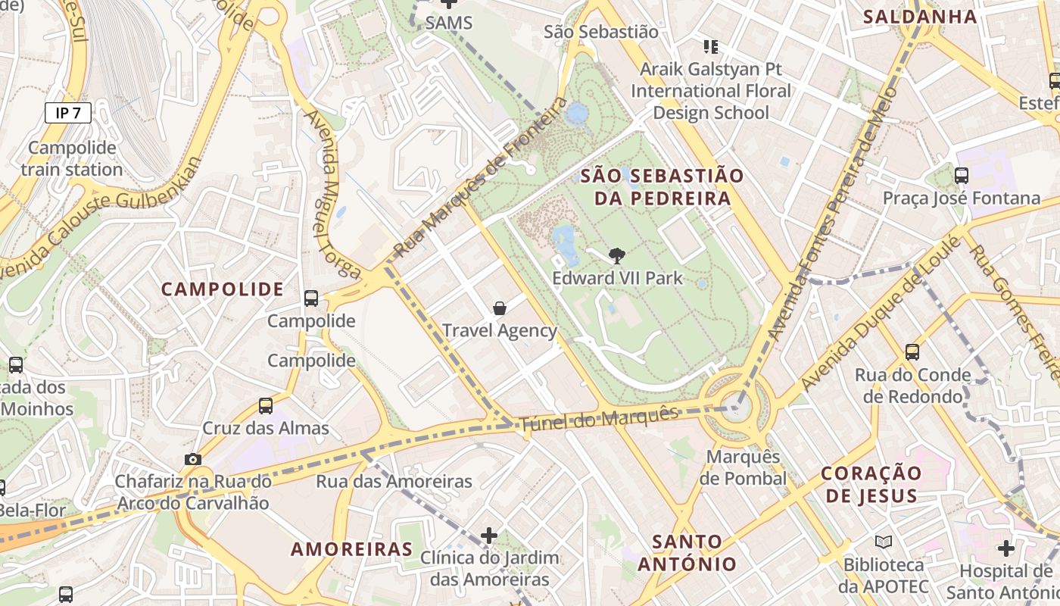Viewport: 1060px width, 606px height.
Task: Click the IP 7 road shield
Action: (68, 113)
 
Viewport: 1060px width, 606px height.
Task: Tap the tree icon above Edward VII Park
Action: (617, 256)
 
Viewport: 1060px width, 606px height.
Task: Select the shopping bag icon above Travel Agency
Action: (500, 308)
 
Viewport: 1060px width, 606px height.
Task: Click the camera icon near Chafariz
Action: (193, 459)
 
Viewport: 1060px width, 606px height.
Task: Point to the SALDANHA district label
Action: (920, 17)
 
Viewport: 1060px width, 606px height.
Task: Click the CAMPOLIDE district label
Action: (223, 289)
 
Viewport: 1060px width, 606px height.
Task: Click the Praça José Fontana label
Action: (962, 198)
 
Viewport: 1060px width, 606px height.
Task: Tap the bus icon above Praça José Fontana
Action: (962, 176)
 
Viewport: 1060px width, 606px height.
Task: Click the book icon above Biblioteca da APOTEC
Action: (884, 542)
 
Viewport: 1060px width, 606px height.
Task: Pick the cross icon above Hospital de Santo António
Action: (1005, 548)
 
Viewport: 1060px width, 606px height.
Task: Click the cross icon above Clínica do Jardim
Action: (489, 536)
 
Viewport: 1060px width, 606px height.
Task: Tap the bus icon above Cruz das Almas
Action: (266, 405)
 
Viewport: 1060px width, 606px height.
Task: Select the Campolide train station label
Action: (72, 158)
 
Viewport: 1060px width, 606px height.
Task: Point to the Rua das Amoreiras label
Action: (394, 481)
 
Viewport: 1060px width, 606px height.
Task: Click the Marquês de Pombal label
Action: (743, 467)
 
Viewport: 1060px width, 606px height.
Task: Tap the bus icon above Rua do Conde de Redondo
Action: (912, 351)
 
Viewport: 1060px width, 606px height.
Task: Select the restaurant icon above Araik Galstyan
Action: (710, 47)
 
